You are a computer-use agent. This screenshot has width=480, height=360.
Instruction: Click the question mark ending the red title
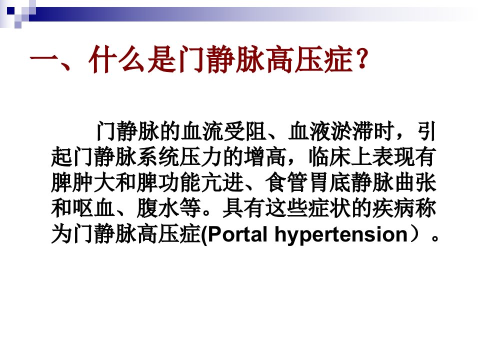(x=362, y=59)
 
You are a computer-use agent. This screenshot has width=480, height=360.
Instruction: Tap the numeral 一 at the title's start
(x=43, y=59)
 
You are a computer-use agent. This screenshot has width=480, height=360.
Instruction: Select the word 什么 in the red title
(x=116, y=59)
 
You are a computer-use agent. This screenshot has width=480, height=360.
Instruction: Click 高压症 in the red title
(x=309, y=59)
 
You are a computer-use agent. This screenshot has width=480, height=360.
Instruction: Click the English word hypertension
(x=341, y=235)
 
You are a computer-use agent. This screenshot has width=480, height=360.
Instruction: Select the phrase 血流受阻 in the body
(x=223, y=132)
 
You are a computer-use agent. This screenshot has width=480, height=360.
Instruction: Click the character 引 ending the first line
(x=426, y=132)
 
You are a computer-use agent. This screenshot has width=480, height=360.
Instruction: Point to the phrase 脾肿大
(x=83, y=183)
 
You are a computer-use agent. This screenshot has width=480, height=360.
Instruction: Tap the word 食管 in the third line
(x=286, y=183)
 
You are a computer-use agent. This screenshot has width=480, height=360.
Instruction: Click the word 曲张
(x=415, y=183)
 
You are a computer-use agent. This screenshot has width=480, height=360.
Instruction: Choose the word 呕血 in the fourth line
(x=94, y=208)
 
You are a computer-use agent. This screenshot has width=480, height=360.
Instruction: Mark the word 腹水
(x=158, y=208)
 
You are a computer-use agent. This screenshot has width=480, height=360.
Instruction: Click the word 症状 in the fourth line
(x=329, y=208)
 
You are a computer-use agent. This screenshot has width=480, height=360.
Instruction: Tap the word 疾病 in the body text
(x=393, y=208)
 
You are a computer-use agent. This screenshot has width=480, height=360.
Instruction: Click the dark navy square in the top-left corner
(x=10, y=10)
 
